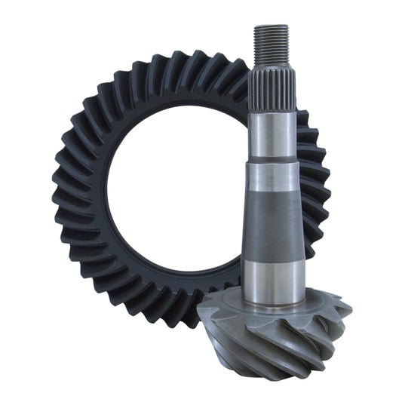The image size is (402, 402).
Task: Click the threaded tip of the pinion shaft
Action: click(272, 44)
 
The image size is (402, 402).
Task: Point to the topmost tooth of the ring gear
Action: click(181, 62)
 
